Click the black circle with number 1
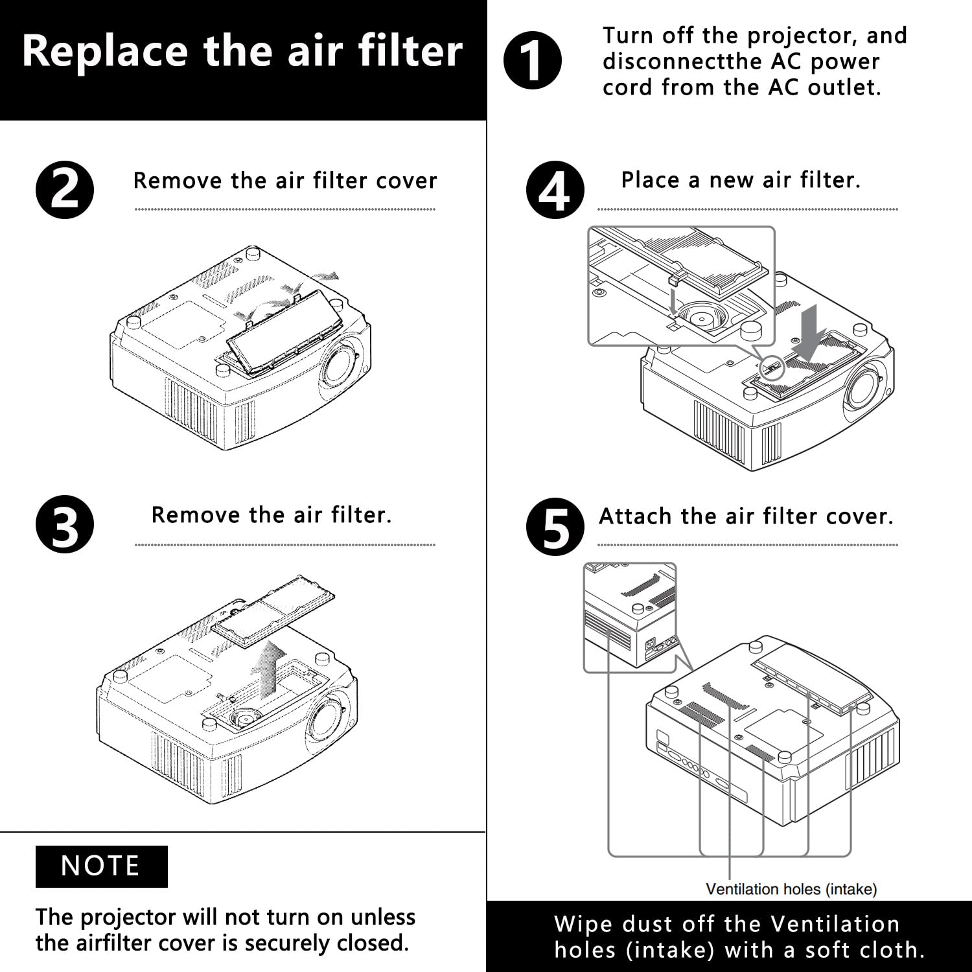pyautogui.click(x=532, y=61)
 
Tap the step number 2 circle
pyautogui.click(x=65, y=190)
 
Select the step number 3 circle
pyautogui.click(x=65, y=524)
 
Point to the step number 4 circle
pyautogui.click(x=555, y=190)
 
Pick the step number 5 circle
pyautogui.click(x=555, y=526)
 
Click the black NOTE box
pyautogui.click(x=101, y=866)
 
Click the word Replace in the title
pyautogui.click(x=104, y=52)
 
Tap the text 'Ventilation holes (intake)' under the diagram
pyautogui.click(x=791, y=889)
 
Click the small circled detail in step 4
pyautogui.click(x=771, y=368)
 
